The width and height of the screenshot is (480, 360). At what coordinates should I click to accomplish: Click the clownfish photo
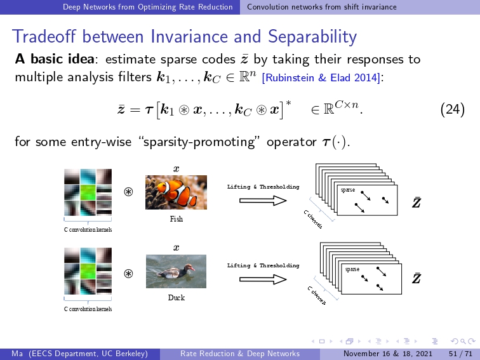point(176,192)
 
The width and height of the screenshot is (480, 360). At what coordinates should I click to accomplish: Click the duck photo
point(176,271)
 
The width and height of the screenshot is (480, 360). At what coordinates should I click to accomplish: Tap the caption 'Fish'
point(177,219)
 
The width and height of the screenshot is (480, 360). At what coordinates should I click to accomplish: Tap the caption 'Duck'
point(177,298)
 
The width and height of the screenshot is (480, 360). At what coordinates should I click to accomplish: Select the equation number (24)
point(453,109)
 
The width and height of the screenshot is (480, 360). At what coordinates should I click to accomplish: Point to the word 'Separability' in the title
point(312,37)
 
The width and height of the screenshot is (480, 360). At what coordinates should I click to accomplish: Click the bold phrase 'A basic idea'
point(55,59)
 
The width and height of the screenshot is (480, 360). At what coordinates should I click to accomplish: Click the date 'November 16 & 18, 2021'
point(388,354)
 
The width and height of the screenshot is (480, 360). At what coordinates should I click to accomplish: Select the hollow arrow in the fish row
point(263,201)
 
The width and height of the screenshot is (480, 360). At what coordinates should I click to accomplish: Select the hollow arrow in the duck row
point(263,279)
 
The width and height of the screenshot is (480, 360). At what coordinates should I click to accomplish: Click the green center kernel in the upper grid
point(88,192)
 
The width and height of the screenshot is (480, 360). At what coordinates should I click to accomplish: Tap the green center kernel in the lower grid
point(88,271)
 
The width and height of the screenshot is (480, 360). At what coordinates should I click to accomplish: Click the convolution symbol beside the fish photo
point(128,192)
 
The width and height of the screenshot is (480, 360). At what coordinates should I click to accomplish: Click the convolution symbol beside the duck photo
point(128,274)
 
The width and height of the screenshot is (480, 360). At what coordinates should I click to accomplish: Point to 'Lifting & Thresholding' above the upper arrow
point(263,187)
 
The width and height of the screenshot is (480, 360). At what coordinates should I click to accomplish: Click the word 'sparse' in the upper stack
point(348,190)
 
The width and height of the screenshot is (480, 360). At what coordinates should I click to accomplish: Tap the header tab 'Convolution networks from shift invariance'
point(322,7)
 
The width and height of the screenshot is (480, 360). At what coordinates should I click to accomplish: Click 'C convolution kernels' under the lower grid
point(88,309)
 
